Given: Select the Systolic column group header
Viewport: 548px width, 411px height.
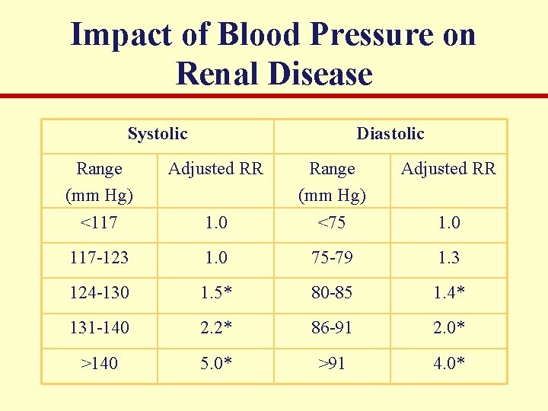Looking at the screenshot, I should (158, 134).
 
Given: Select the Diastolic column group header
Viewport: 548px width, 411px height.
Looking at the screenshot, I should (390, 134).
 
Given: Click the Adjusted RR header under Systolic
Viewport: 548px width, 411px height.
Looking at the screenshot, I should (215, 168).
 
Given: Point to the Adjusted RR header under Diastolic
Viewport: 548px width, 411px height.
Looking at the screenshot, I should (448, 168).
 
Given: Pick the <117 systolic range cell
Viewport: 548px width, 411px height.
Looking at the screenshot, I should (100, 222).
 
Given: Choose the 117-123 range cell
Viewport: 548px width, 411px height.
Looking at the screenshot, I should (100, 258).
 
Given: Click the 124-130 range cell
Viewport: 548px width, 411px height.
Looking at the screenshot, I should (100, 292).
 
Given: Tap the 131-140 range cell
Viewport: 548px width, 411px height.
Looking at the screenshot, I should (100, 327).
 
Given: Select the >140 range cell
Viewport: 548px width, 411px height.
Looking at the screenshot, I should (100, 363).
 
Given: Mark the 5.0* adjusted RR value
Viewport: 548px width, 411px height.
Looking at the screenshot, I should (216, 363).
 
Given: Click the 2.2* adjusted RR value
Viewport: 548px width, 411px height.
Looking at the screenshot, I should (216, 327).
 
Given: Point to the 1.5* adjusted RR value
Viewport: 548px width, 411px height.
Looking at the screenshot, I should (216, 292).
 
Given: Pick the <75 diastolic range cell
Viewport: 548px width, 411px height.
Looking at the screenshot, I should (333, 222).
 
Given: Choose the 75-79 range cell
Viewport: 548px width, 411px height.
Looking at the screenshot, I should (333, 258).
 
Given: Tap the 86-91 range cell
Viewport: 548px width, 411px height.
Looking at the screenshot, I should (333, 327).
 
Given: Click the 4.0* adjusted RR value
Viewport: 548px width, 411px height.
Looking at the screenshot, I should (449, 363).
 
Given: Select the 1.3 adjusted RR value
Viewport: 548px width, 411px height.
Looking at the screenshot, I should (448, 258).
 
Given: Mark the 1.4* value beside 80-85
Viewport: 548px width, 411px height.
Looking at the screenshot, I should (449, 292).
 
